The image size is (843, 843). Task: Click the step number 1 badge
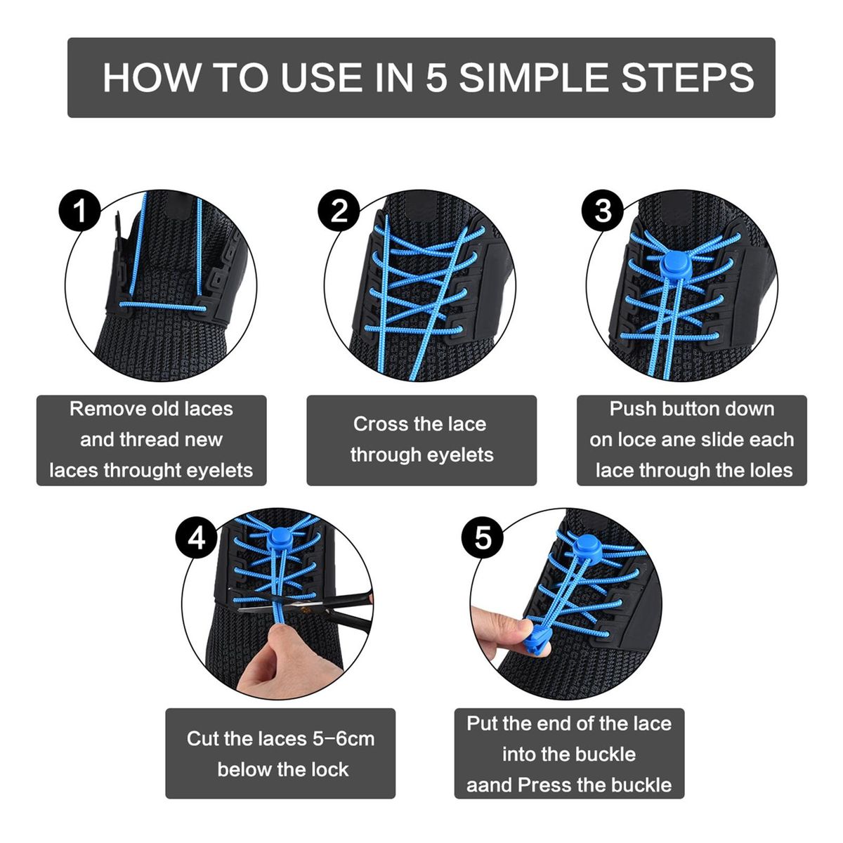tap(79, 211)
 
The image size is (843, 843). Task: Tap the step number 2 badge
tap(339, 211)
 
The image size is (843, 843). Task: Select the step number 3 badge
tap(603, 211)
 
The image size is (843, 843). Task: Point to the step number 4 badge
tap(197, 537)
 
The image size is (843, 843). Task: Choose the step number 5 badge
tap(483, 537)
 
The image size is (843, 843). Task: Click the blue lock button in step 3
tap(674, 266)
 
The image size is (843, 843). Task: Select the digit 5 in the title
tap(436, 78)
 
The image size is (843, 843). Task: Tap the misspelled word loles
tap(772, 470)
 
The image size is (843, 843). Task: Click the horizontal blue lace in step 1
tap(163, 306)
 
